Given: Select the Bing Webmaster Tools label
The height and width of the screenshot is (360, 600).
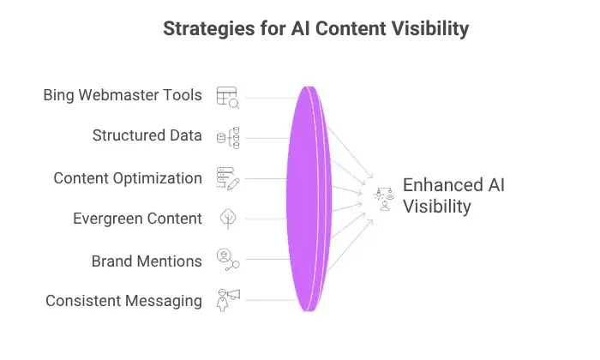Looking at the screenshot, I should (x=123, y=94).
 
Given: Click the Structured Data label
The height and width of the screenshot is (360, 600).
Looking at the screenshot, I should (x=147, y=135).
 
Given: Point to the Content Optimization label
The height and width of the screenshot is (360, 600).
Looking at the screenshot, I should (x=128, y=177).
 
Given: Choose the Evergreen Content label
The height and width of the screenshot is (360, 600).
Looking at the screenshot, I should (x=137, y=219).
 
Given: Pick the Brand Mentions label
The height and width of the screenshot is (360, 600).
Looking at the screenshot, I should (x=147, y=260).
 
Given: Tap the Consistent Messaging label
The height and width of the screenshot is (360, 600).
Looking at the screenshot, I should (x=123, y=301).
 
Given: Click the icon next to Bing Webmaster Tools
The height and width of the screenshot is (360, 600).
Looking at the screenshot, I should (x=227, y=96).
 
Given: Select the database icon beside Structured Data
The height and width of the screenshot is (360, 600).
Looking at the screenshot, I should (x=228, y=137).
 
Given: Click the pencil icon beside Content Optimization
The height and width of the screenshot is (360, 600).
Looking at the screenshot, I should (x=228, y=177).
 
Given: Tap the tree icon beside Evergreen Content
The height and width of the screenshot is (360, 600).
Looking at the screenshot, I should (x=227, y=219).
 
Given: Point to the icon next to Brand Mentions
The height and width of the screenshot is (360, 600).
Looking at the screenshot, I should (x=227, y=258).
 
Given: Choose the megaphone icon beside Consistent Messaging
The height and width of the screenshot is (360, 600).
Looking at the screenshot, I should (x=228, y=298).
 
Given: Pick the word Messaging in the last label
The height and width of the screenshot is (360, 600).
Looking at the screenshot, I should (x=162, y=301).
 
